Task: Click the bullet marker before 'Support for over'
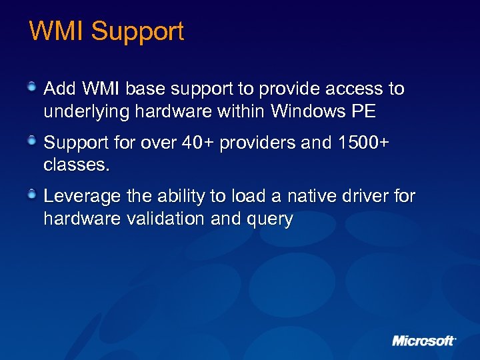[x=32, y=141]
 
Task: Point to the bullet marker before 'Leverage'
[x=32, y=195]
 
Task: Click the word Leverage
[x=83, y=197]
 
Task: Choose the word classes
[x=75, y=165]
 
